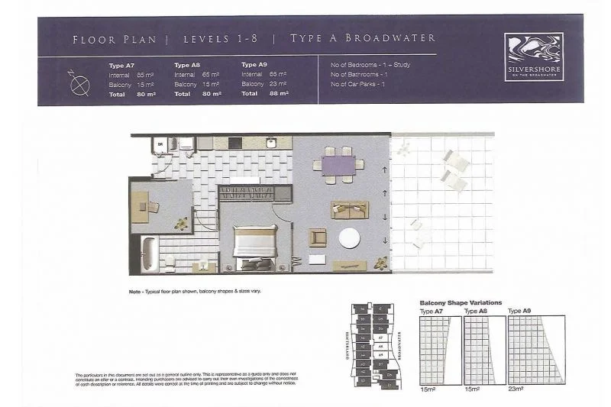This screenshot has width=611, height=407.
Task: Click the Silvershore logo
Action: coord(534,57)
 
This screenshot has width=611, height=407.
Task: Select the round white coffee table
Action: coord(349,238)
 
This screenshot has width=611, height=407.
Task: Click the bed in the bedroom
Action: coord(255,246)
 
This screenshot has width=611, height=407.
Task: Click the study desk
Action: coord(140,206)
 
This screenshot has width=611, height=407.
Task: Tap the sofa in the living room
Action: coord(349,210)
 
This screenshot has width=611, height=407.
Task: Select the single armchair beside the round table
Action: coord(318,237)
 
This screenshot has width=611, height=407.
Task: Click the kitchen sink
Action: coord(270,143)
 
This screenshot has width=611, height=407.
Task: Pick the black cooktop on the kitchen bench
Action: coord(234,143)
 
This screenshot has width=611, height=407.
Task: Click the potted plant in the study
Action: coord(181,224)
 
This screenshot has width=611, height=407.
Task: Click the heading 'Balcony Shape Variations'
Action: coord(461,302)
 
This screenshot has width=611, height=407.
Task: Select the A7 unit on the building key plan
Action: coord(381,337)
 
